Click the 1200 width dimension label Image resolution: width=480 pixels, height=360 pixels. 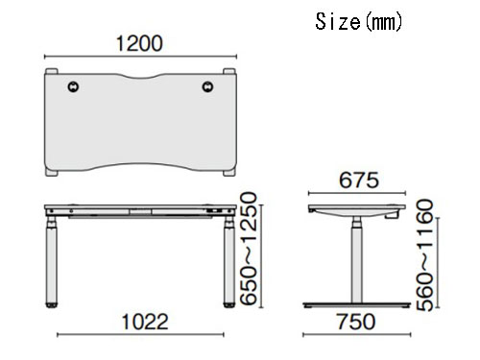139,43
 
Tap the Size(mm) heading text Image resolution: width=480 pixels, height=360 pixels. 358,22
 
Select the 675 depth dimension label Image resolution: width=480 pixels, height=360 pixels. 359,180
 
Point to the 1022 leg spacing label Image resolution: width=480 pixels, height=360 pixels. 145,322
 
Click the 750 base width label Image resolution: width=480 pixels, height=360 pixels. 355,322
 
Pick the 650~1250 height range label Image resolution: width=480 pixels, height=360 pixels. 249,249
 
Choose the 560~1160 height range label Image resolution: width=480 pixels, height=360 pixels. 424,255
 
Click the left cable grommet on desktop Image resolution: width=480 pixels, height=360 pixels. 73,86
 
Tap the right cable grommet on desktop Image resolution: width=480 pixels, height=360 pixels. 207,86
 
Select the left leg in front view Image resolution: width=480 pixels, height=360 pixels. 52,261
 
